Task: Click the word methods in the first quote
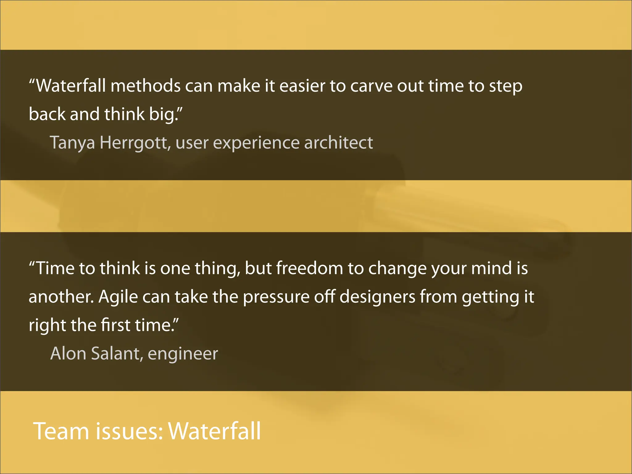[145, 86]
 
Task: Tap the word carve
[371, 86]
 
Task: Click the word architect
[339, 143]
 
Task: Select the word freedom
[309, 268]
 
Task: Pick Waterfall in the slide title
[214, 431]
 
